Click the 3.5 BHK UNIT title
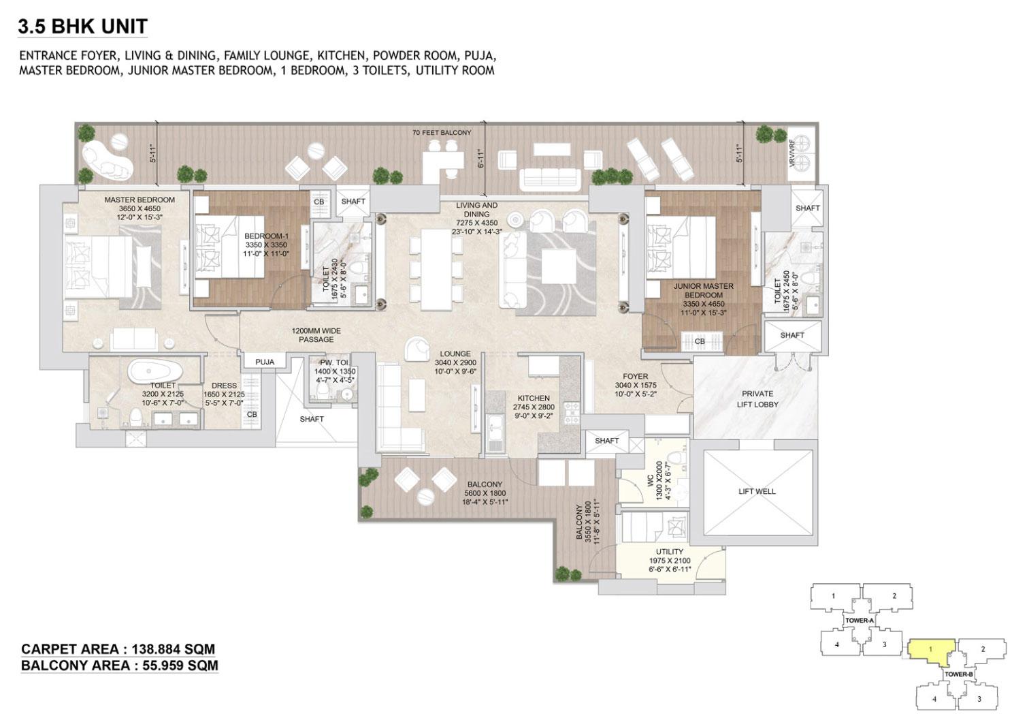[x=82, y=26]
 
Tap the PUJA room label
[x=265, y=362]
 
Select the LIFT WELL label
[x=757, y=491]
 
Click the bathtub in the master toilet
[x=155, y=371]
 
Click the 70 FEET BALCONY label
[x=442, y=132]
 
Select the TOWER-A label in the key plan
[x=860, y=621]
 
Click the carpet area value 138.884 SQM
[x=173, y=649]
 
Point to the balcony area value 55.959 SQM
[x=180, y=665]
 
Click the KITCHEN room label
[x=534, y=398]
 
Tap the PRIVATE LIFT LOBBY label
[x=757, y=399]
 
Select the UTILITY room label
[x=669, y=551]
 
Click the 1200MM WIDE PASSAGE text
[x=316, y=335]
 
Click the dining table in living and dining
[x=436, y=270]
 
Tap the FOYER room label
[x=635, y=376]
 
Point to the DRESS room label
[x=224, y=385]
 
